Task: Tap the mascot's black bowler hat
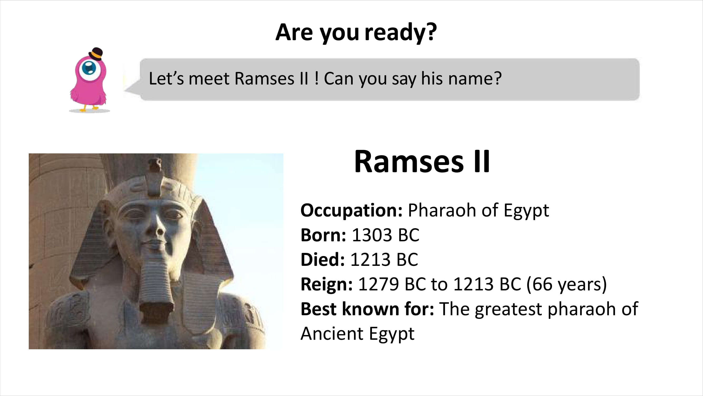[96, 54]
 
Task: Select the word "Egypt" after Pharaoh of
[526, 211]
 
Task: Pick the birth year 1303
[372, 235]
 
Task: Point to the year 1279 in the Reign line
[379, 284]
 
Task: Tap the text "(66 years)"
[566, 285]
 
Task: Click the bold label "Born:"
[323, 235]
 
